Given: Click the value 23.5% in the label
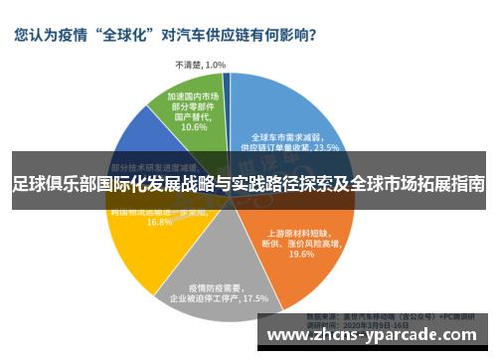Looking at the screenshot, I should pos(326,146).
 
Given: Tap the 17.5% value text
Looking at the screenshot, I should pos(255,297).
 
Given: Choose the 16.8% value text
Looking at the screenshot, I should pos(159,222).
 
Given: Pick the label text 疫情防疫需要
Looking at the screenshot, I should pos(215,285).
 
